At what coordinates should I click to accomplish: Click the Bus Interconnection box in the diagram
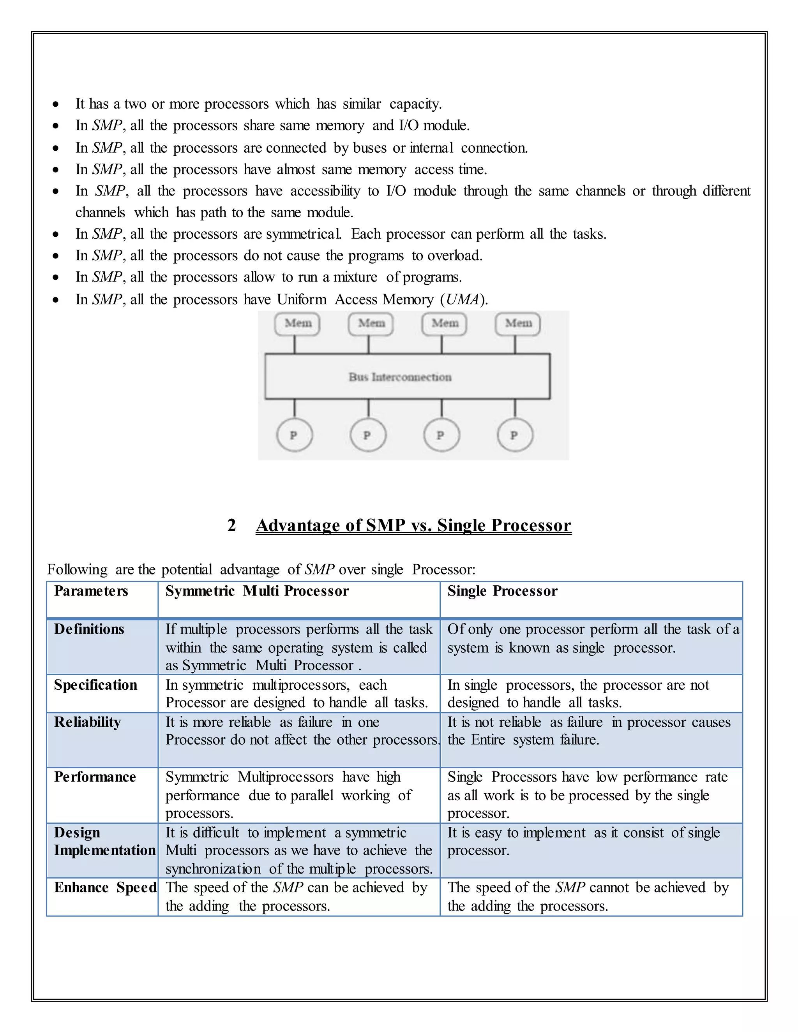tap(407, 376)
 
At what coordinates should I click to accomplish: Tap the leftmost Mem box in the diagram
tap(297, 324)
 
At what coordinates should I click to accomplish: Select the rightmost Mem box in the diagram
tap(518, 324)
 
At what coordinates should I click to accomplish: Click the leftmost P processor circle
tap(294, 435)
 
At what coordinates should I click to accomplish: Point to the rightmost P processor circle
tap(514, 435)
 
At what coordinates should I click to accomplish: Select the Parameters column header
tap(91, 591)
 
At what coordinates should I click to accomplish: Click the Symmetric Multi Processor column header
tap(257, 591)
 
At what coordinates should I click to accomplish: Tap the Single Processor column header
tap(502, 591)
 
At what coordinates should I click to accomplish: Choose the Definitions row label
tap(89, 629)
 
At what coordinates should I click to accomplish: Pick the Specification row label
tap(95, 685)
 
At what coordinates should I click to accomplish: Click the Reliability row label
tap(87, 722)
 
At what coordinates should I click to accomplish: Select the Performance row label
tap(95, 777)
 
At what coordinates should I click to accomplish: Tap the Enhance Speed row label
tap(105, 888)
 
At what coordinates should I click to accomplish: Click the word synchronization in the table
tap(213, 869)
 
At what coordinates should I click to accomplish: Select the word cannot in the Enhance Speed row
tap(609, 888)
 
